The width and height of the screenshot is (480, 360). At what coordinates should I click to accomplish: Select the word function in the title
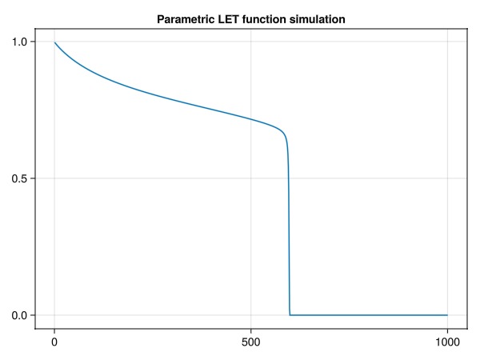268,18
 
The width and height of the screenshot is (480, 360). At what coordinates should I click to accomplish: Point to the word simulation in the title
318,18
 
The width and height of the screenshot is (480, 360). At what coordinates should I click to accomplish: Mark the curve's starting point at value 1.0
54,42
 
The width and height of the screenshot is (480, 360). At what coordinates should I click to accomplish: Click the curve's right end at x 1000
447,315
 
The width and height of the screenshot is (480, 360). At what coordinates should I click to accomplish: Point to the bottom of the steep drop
290,314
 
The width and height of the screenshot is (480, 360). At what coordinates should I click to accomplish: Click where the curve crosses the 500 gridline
251,120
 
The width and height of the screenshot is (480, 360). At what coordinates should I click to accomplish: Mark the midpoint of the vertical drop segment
288,224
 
